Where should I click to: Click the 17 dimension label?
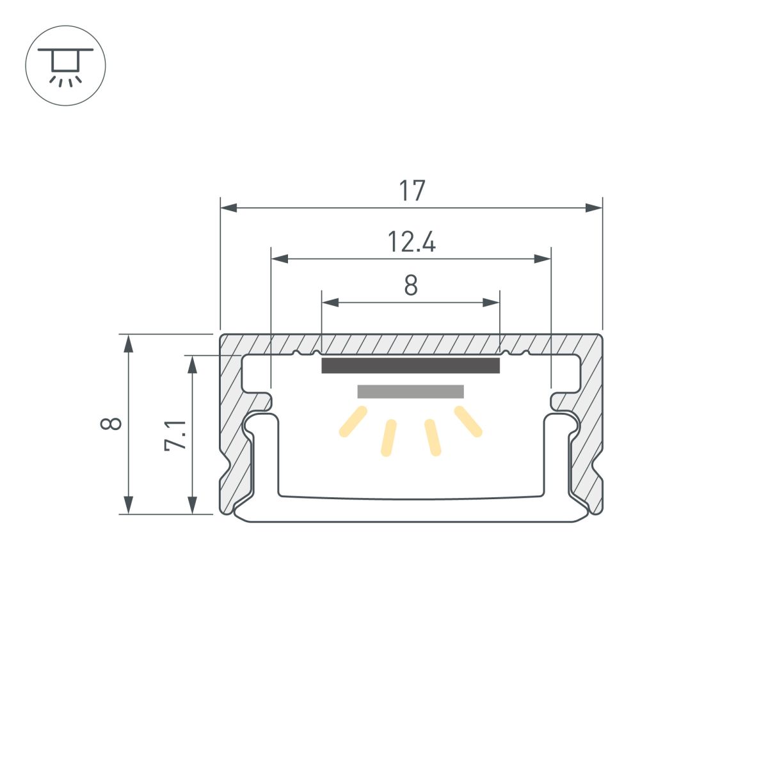tap(412, 191)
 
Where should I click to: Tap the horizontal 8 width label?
tap(411, 285)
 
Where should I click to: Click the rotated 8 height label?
tap(112, 424)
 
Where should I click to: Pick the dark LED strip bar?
tap(410, 365)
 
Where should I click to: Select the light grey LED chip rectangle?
tap(410, 392)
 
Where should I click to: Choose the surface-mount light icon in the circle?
tap(65, 66)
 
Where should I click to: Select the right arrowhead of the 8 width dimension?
tap(492, 303)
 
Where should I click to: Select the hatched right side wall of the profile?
tap(588, 435)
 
